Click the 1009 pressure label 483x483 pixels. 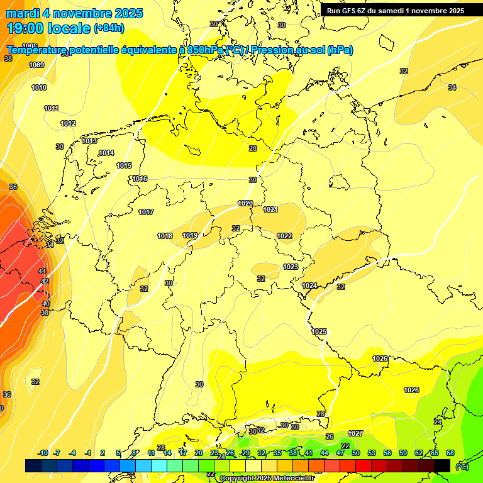(36, 65)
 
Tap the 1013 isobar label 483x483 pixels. (89, 142)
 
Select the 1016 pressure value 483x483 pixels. (140, 179)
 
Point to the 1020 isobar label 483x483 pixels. (245, 203)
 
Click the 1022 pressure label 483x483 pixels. (284, 236)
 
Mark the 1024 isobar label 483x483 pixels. (309, 286)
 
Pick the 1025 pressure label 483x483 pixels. (319, 331)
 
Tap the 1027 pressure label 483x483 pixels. (355, 433)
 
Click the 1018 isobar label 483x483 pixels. (165, 236)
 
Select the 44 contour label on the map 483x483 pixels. (43, 271)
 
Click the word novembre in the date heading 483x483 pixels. (81, 13)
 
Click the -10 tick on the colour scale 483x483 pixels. (43, 453)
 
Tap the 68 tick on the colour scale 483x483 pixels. (450, 453)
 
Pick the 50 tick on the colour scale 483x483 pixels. (356, 453)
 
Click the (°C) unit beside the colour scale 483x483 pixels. (462, 466)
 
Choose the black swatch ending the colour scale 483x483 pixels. (442, 465)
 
